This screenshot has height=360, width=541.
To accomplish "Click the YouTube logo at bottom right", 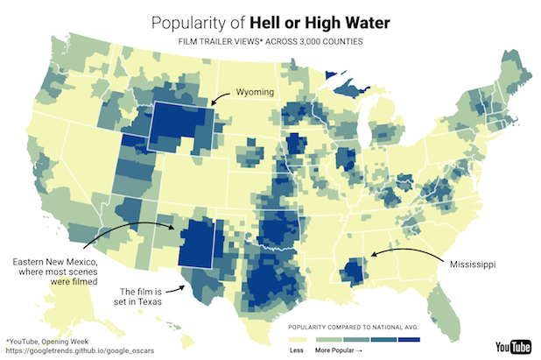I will click(x=512, y=346).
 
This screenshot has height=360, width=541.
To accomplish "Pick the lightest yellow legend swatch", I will click(x=300, y=338).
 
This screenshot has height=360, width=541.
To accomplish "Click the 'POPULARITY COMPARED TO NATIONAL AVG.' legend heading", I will click(x=354, y=324).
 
